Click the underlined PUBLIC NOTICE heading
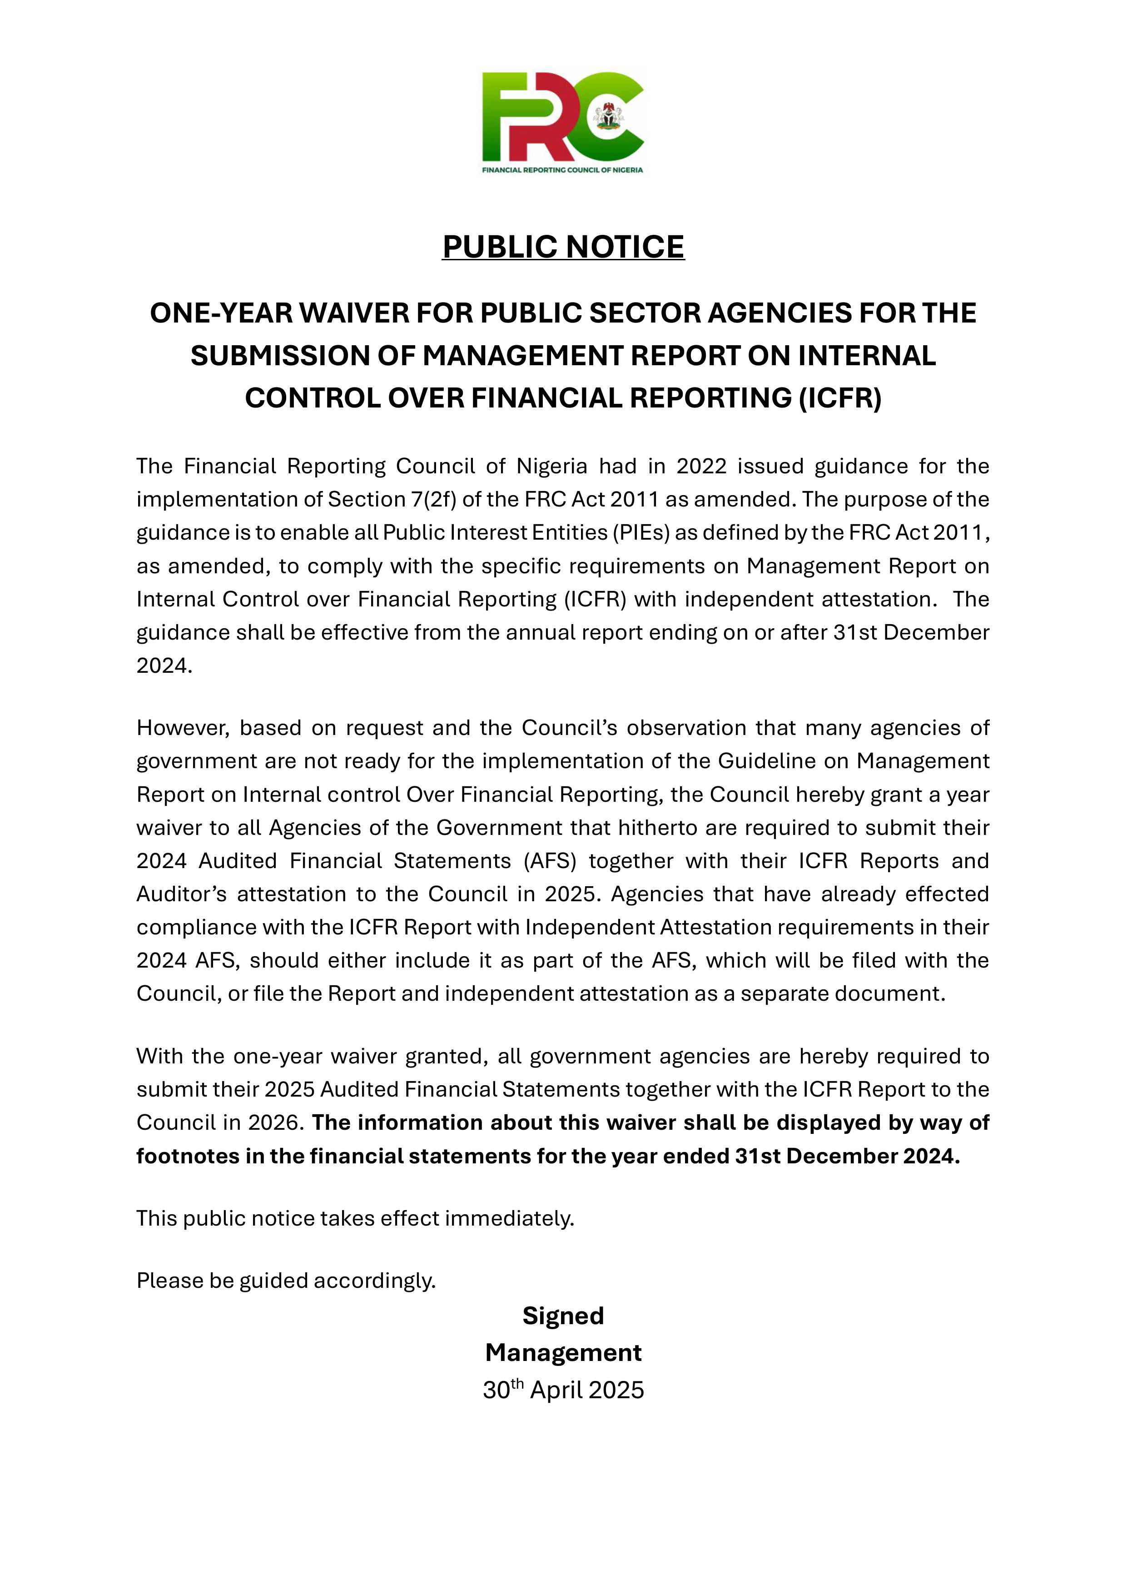point(563,247)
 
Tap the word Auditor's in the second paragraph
point(182,894)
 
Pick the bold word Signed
point(563,1316)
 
